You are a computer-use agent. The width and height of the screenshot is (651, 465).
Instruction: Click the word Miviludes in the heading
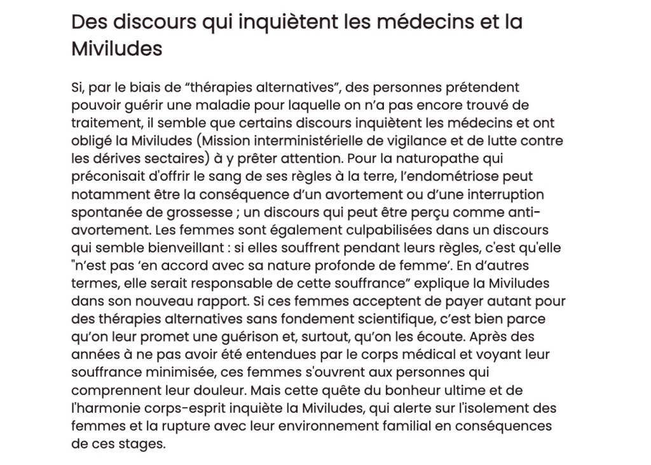coord(116,48)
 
